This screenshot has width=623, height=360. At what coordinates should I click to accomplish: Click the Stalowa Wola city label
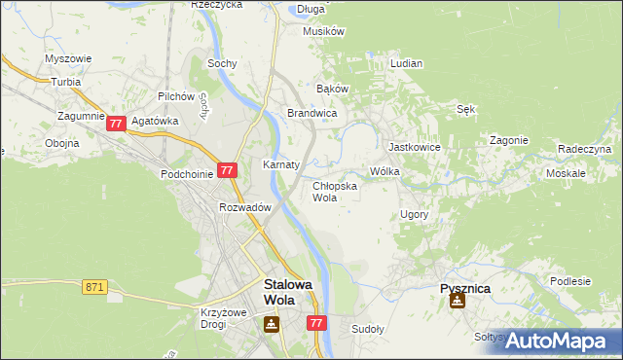coord(288,292)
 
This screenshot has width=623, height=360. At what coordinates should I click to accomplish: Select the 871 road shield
coord(94,286)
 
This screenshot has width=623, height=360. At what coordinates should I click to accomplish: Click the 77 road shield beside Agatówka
coord(116,124)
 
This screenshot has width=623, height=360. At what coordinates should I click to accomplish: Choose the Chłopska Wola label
coord(334,191)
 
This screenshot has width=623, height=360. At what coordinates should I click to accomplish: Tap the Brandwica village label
coord(311,114)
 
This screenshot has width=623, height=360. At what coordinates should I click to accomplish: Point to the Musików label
coord(324,31)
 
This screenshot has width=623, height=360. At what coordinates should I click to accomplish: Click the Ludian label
coord(406,63)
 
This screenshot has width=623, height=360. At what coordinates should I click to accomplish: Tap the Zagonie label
coord(508,140)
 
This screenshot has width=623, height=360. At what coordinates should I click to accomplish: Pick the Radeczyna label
coord(584,149)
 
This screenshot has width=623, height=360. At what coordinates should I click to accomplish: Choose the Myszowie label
coord(68,58)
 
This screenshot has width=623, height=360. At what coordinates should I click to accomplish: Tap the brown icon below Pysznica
coord(457,301)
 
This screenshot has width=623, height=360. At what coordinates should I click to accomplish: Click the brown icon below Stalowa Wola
coord(271,324)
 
